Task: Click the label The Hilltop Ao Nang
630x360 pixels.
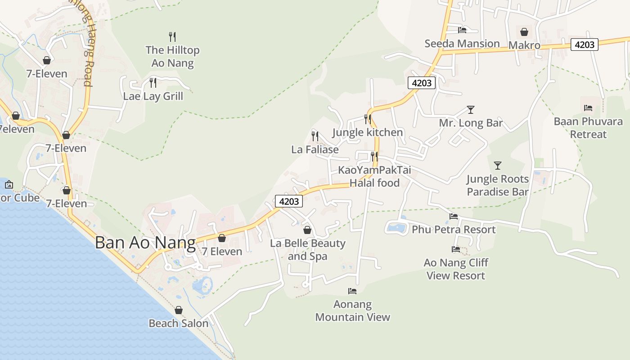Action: (x=172, y=56)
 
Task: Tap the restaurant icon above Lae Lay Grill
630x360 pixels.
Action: (x=153, y=82)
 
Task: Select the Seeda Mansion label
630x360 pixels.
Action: (x=462, y=44)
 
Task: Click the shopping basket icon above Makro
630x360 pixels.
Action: (x=524, y=32)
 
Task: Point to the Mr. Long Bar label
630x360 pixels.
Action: (x=471, y=123)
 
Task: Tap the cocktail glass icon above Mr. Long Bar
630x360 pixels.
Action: (x=470, y=109)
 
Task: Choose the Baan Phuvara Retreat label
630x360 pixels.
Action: (x=588, y=128)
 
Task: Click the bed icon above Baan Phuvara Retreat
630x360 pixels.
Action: (x=588, y=108)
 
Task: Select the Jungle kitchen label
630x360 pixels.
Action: (x=367, y=132)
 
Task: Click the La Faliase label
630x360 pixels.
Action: (x=315, y=149)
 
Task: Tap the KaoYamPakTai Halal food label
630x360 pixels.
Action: (x=374, y=176)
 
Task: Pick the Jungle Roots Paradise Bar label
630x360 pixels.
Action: (x=497, y=185)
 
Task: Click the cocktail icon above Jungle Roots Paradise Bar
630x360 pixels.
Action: (x=497, y=165)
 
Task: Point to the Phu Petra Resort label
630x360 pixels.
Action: (x=454, y=229)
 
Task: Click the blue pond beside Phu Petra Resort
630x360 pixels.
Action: (x=396, y=228)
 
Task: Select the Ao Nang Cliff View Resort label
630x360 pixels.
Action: (x=456, y=269)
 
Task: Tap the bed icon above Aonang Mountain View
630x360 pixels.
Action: (x=352, y=291)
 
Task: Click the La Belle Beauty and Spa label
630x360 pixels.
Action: (x=308, y=250)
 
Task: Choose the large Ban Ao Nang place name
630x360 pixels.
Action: (x=145, y=243)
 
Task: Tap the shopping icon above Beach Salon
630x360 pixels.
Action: (x=179, y=310)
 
